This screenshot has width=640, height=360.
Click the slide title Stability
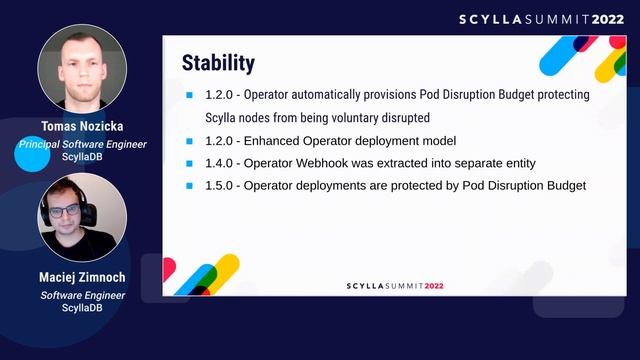[218, 63]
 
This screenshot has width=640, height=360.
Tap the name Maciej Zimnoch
[82, 280]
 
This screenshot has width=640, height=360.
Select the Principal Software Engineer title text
[82, 144]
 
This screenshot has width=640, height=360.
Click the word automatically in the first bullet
[344, 95]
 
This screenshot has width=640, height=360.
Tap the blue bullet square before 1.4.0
[190, 163]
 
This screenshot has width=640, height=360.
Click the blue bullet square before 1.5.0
[190, 185]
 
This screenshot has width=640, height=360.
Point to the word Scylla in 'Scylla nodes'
[222, 118]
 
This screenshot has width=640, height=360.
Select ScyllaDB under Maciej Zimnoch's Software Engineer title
[82, 308]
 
